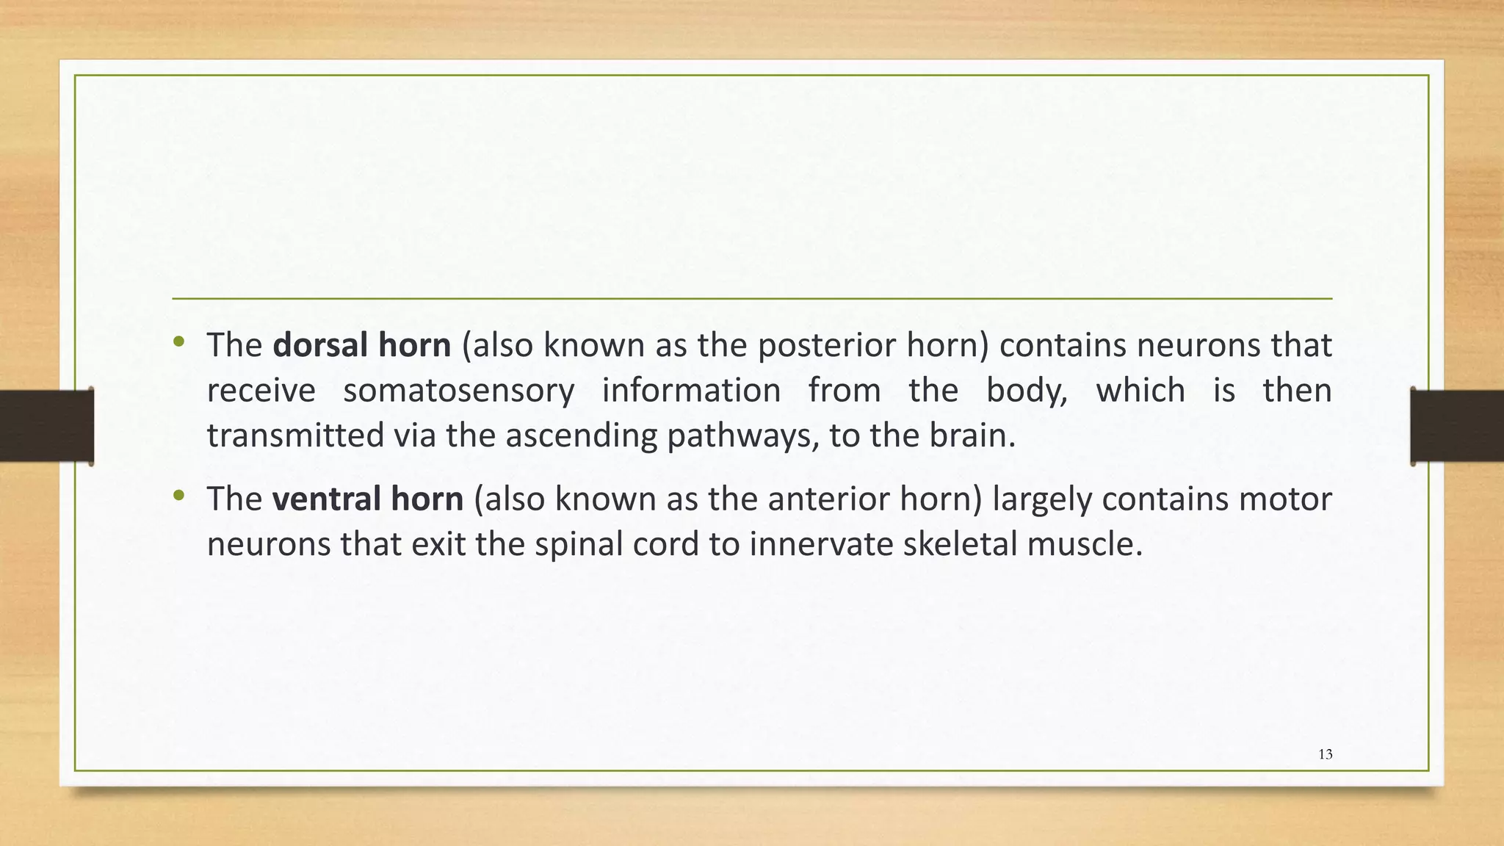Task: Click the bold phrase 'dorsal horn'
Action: click(x=361, y=345)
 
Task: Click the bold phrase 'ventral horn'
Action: click(x=367, y=499)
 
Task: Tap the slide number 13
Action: click(x=1325, y=754)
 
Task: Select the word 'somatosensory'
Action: click(x=458, y=391)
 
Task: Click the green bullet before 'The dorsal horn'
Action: click(x=178, y=342)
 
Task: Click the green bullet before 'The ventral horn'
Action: click(x=178, y=496)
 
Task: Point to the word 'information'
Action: click(x=691, y=391)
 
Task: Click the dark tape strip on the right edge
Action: click(x=1457, y=426)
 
